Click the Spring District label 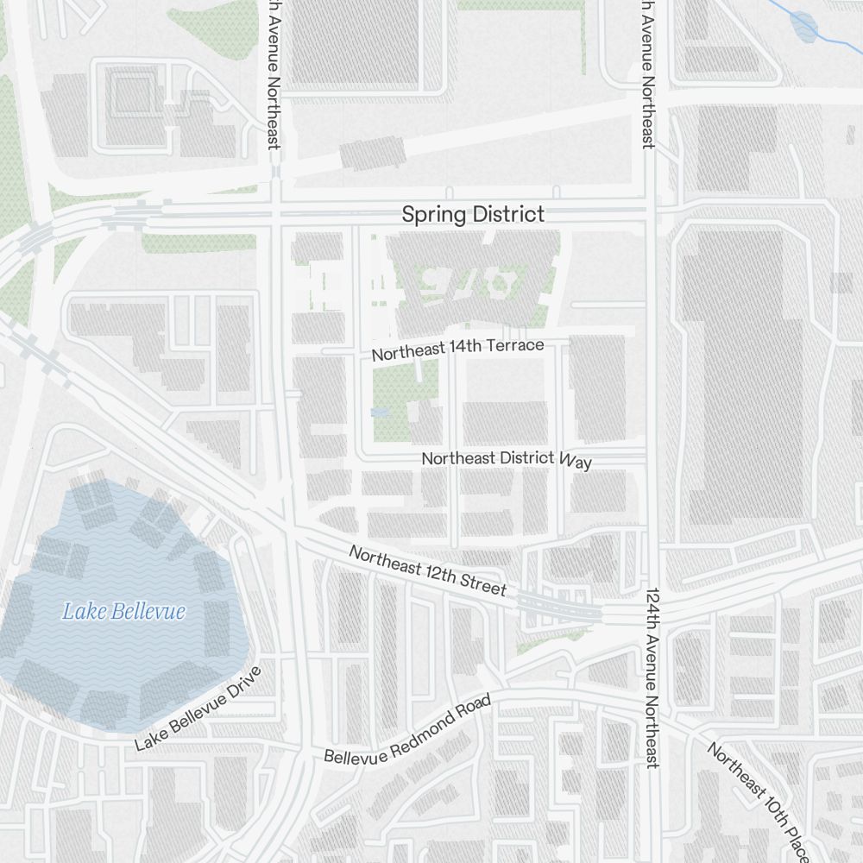tap(473, 215)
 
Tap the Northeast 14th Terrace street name tap(457, 349)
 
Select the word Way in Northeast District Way tap(576, 461)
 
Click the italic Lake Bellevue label tap(123, 612)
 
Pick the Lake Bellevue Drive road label tap(198, 709)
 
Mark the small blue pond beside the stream tap(804, 27)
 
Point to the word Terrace tap(516, 345)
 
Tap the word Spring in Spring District tap(428, 215)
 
